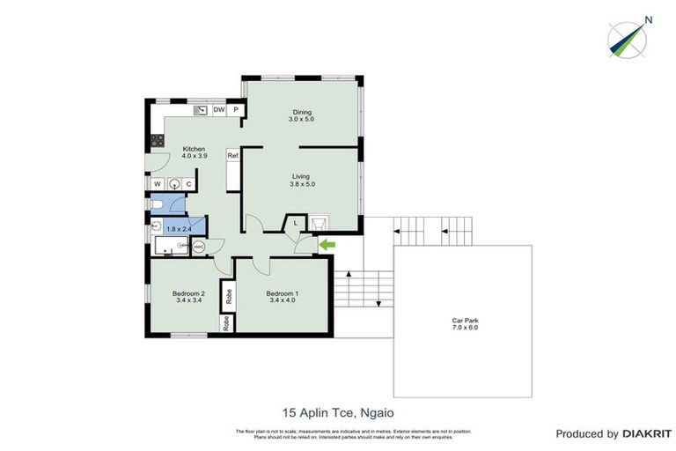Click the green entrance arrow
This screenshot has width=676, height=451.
point(327,244)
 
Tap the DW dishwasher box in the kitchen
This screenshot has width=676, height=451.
point(218,110)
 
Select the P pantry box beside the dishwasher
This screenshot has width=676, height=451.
point(236,110)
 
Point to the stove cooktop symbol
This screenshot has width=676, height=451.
point(158,140)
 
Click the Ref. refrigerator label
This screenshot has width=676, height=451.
point(233,156)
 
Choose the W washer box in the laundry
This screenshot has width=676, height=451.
point(158,184)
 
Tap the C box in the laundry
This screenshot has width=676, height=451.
point(188,184)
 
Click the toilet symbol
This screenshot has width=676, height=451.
point(158,205)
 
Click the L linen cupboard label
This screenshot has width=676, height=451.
point(296,224)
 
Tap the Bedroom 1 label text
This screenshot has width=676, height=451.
point(283,293)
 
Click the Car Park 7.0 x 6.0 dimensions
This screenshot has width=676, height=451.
point(465,328)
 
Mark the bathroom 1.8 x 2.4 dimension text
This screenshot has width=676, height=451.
point(179,229)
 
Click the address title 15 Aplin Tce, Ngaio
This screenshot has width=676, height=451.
point(338,411)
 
